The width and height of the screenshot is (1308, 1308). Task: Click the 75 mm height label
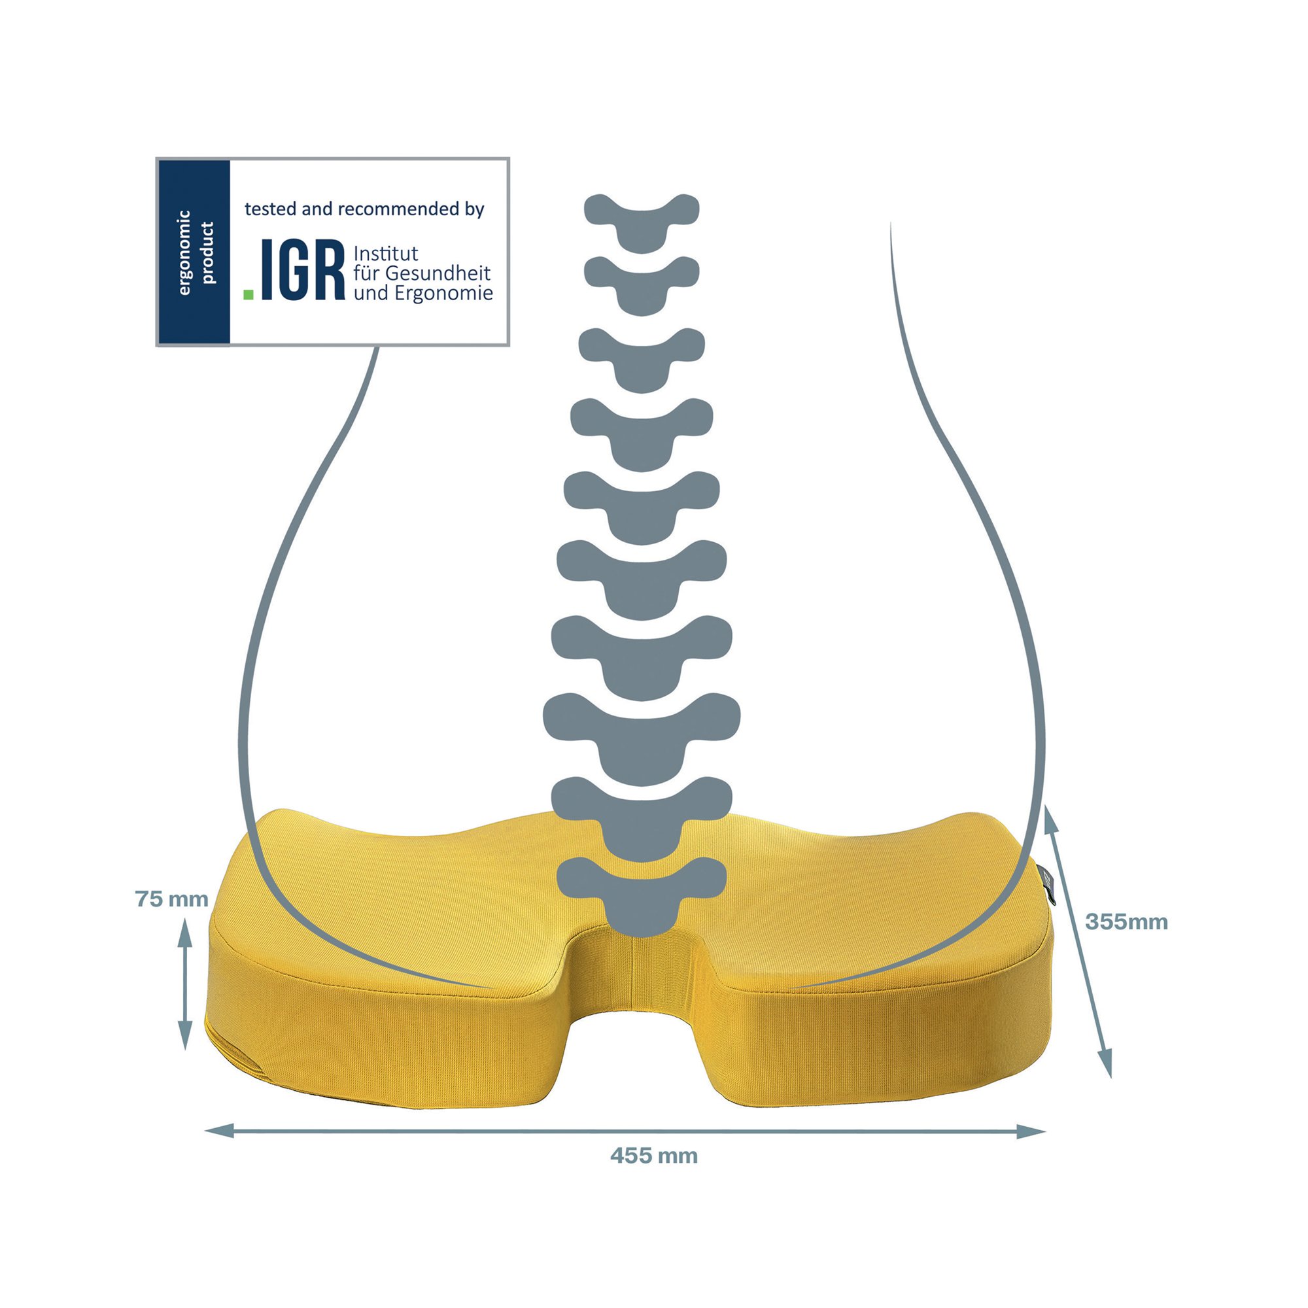pyautogui.click(x=171, y=899)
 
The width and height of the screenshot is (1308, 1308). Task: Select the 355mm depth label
pyautogui.click(x=1127, y=922)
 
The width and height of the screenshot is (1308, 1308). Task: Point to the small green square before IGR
pyautogui.click(x=249, y=294)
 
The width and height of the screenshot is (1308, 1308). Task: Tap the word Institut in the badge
pyautogui.click(x=386, y=254)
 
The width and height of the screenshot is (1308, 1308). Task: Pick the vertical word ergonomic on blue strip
pyautogui.click(x=184, y=252)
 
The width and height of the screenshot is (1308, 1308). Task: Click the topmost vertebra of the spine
pyautogui.click(x=642, y=223)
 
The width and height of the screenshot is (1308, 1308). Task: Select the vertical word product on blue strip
pyautogui.click(x=208, y=252)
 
